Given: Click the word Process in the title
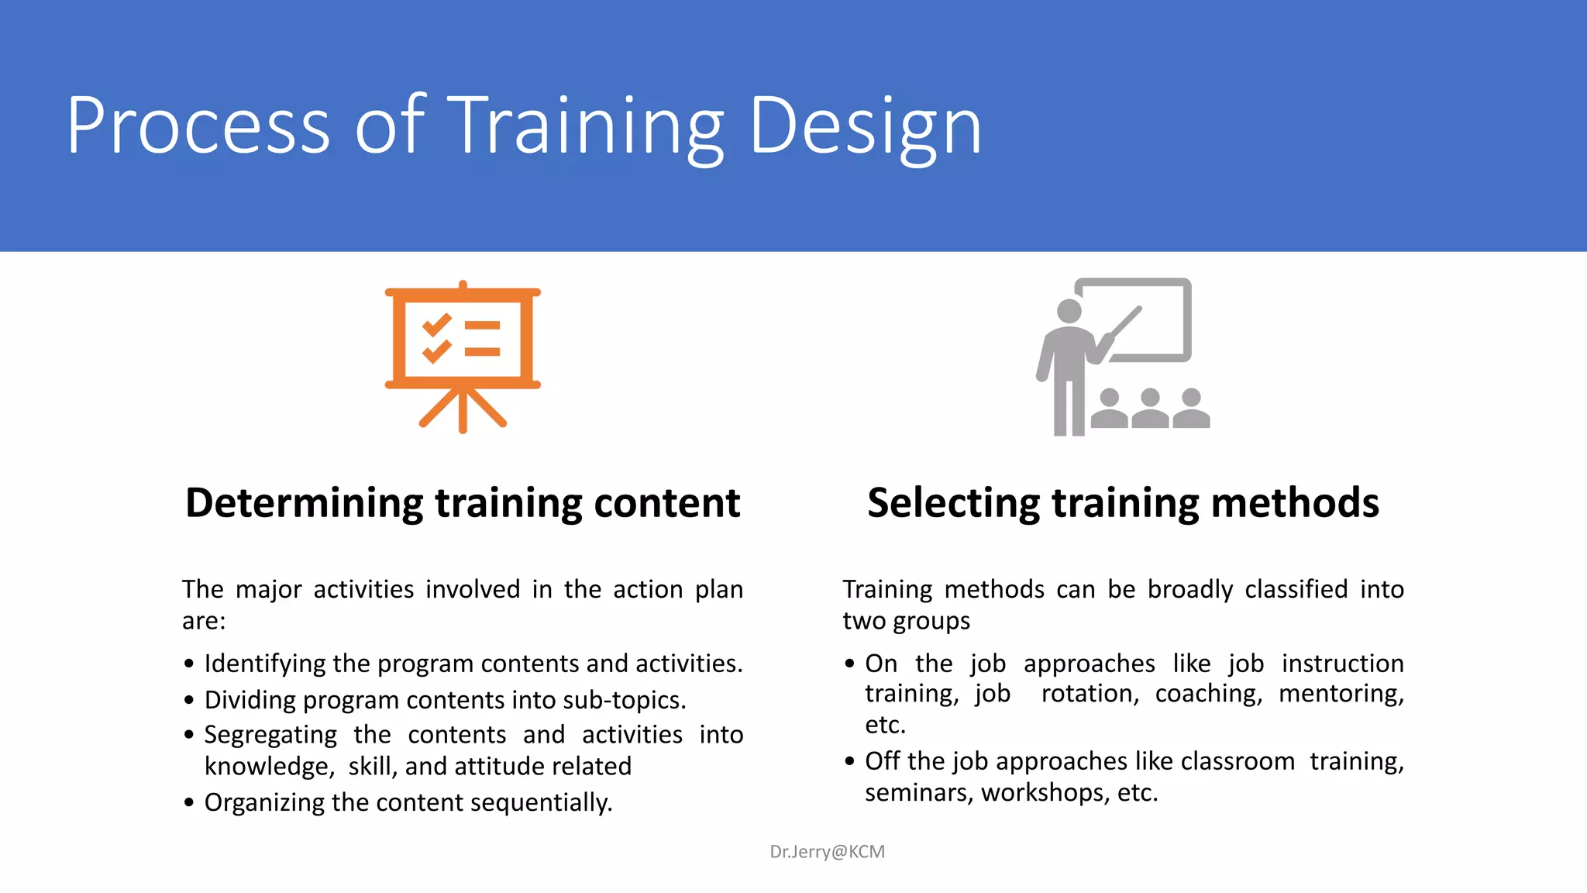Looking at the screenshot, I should tap(198, 126).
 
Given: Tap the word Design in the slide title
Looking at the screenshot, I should tap(865, 126).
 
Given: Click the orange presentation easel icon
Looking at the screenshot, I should tap(463, 357).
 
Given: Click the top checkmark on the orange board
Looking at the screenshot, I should tap(436, 324).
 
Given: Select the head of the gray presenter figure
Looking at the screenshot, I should tap(1069, 311).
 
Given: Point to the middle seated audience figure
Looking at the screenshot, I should tap(1150, 409).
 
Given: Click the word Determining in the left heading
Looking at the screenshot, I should tap(305, 503).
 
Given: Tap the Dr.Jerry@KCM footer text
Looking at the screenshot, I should tap(827, 852).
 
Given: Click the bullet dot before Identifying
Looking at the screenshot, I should tap(189, 664).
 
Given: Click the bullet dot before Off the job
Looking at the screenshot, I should tap(849, 762).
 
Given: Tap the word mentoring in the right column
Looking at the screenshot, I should tap(1341, 693).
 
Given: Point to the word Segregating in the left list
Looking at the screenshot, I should tap(270, 735).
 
